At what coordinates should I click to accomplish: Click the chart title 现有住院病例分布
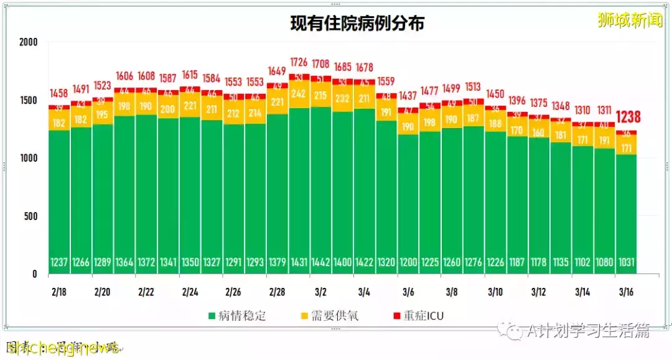(x=358, y=24)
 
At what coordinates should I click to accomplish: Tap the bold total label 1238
(x=628, y=118)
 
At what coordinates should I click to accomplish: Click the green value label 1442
(x=322, y=262)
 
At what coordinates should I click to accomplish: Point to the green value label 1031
(x=627, y=262)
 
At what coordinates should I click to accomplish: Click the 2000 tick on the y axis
(x=29, y=42)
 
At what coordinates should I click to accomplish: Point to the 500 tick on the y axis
(x=31, y=216)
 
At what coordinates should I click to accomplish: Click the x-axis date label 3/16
(x=627, y=292)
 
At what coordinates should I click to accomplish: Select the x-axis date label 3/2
(x=322, y=292)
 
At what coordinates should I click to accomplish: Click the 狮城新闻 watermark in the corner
(x=630, y=21)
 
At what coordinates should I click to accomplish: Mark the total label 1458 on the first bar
(x=59, y=94)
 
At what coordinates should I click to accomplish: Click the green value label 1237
(x=59, y=262)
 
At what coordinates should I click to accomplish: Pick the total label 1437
(x=409, y=96)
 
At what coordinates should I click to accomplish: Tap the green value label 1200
(x=409, y=262)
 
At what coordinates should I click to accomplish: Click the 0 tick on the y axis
(x=35, y=274)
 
